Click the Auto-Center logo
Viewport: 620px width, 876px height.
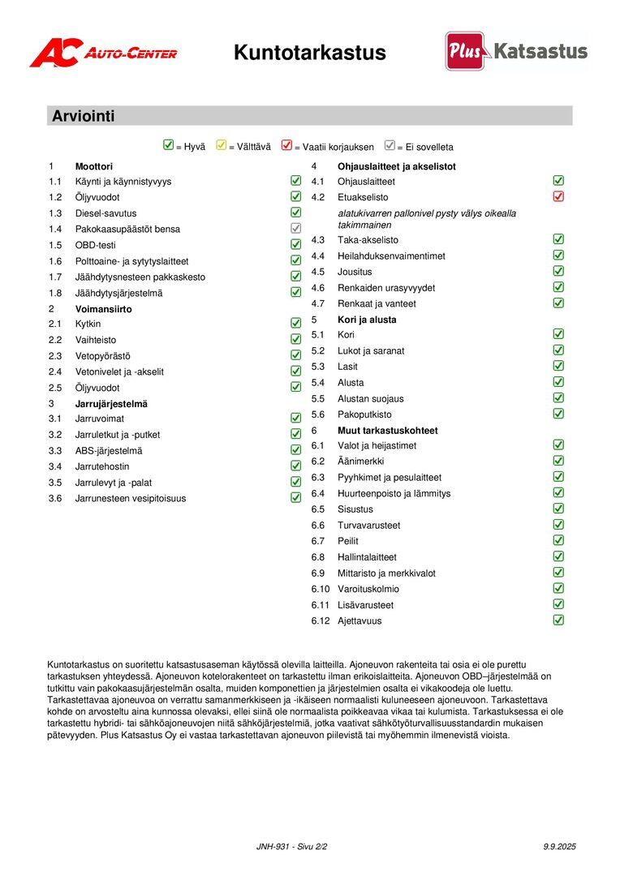click(103, 54)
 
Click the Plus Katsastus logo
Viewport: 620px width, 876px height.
click(516, 51)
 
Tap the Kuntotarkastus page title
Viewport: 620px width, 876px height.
click(309, 53)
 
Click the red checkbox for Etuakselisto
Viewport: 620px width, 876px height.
click(558, 196)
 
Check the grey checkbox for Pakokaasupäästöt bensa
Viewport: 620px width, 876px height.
click(296, 229)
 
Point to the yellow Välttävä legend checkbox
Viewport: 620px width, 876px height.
click(222, 146)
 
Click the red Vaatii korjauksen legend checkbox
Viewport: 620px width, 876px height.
click(286, 146)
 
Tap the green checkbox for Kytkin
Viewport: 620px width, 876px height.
click(296, 324)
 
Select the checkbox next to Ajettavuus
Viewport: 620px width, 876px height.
click(558, 620)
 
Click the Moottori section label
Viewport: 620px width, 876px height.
click(94, 166)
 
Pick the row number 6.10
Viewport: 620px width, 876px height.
click(321, 589)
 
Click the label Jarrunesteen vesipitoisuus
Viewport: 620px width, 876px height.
click(131, 499)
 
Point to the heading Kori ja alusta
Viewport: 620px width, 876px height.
click(367, 320)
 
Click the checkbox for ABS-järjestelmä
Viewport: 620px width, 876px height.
click(296, 450)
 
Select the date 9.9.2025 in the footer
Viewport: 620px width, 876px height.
click(559, 847)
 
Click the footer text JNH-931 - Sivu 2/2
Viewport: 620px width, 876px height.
click(291, 847)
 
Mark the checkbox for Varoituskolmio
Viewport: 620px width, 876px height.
click(558, 589)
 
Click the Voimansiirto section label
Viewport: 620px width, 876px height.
click(104, 309)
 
